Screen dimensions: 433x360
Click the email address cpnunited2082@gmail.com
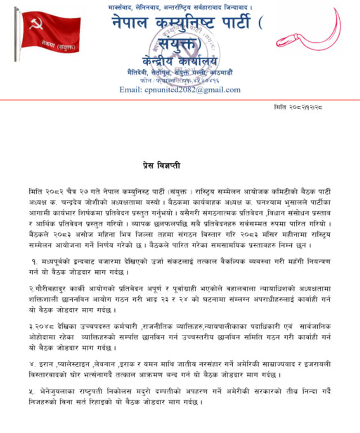[180, 90]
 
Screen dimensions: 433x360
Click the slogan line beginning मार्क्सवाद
[180, 7]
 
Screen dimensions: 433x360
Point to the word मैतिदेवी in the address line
[138, 73]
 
